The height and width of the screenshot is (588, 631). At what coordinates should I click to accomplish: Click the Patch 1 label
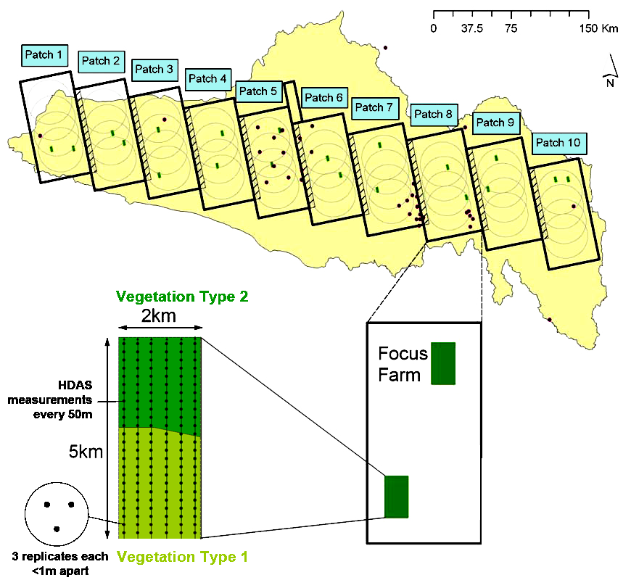click(44, 54)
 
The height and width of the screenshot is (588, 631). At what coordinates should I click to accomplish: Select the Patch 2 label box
click(102, 61)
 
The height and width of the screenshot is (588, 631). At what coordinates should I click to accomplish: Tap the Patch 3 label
click(154, 70)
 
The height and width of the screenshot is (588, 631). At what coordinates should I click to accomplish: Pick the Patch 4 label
click(207, 78)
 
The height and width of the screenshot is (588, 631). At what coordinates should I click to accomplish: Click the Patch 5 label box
click(258, 91)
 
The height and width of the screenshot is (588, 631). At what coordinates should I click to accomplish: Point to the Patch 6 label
click(323, 98)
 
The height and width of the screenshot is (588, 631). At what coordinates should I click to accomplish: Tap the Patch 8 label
click(434, 114)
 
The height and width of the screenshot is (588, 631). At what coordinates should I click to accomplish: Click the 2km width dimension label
click(158, 316)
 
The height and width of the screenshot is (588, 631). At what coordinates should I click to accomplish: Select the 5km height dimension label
click(86, 452)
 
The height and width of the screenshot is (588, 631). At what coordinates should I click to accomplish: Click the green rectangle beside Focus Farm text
click(443, 363)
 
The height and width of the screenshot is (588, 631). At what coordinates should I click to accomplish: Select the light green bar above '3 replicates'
click(181, 557)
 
